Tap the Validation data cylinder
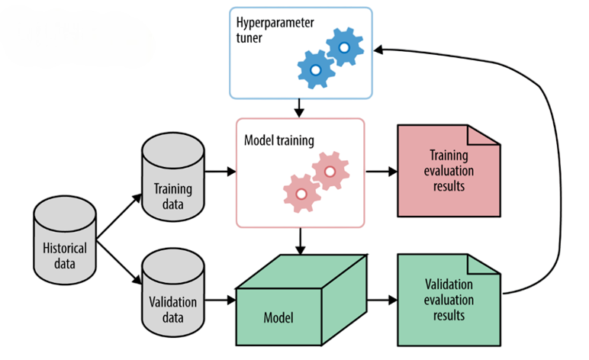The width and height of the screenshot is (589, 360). click(174, 294)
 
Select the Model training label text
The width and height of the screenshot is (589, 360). click(279, 141)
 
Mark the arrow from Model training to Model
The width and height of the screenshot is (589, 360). click(300, 242)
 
